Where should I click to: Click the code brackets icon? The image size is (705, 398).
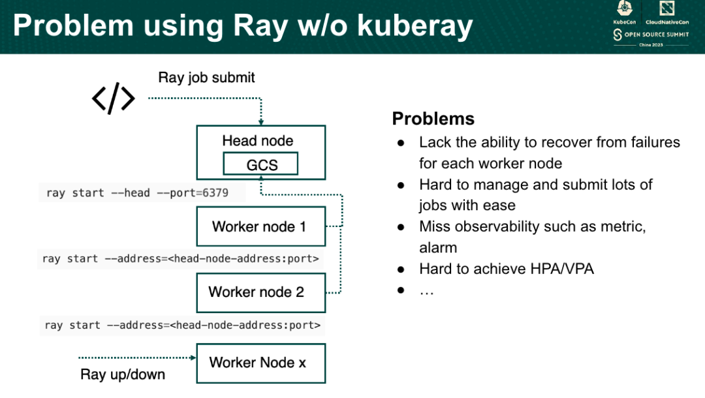[x=113, y=99]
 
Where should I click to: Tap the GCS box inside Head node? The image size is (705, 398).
[x=260, y=164]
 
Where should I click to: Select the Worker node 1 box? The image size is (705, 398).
[x=260, y=227]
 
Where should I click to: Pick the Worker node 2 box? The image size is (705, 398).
[x=260, y=292]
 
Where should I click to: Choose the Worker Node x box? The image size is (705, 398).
[x=260, y=363]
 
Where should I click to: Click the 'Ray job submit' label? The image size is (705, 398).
[x=206, y=78]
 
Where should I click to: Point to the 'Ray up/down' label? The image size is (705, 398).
[x=123, y=375]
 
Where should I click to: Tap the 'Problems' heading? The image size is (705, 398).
[x=433, y=119]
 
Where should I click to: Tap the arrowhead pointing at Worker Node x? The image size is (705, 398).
[x=193, y=358]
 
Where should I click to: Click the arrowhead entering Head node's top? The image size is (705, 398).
[x=260, y=122]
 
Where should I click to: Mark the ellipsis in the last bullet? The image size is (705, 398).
[x=426, y=290]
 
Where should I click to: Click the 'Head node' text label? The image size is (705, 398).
[x=258, y=141]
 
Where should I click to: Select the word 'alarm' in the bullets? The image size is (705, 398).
[x=438, y=248]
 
